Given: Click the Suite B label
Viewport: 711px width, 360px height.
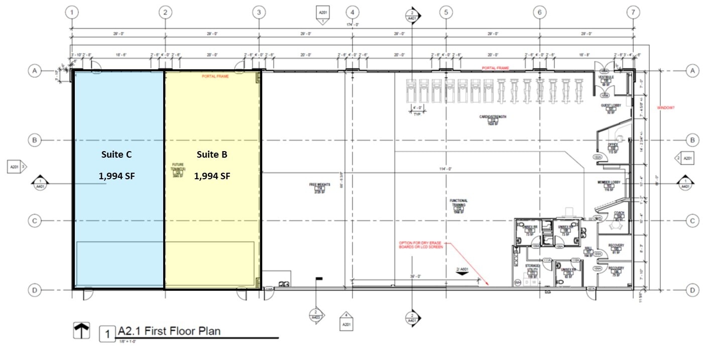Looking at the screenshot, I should click(x=212, y=155).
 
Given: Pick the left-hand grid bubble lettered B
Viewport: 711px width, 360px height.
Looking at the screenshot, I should click(x=34, y=140).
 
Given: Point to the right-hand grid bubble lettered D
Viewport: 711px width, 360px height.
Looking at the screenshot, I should click(x=692, y=290).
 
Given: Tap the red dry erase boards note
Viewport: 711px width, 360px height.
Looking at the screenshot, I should click(x=421, y=245).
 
